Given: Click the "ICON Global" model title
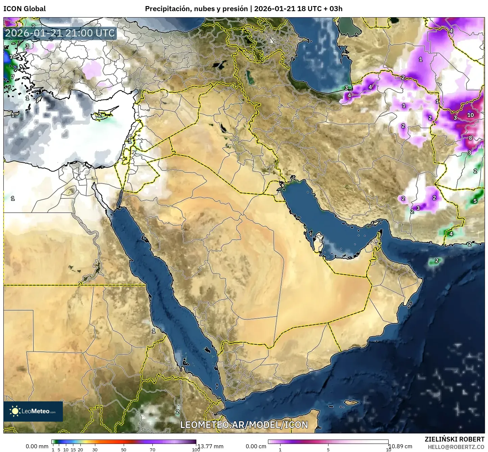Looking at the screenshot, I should click(24, 9).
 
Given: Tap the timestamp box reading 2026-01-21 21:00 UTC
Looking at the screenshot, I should click(60, 33).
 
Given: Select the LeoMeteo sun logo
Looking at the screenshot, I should click(15, 411).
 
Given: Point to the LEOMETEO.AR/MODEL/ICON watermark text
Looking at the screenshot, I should click(244, 425).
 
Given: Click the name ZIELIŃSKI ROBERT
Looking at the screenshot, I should click(454, 439).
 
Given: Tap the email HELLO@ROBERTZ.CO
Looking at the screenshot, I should click(456, 447).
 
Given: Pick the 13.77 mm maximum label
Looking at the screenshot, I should click(210, 446).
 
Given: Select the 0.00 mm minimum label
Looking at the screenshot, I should click(37, 446).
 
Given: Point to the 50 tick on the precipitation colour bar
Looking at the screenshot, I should click(124, 449).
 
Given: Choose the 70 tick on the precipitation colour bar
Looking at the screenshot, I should click(152, 449).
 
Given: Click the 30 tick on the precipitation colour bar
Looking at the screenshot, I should click(95, 449).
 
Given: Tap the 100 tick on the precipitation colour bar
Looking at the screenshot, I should click(196, 449).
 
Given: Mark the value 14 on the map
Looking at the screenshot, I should click(13, 56).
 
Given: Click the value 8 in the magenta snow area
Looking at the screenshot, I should click(470, 138).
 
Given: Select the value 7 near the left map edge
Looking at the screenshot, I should click(13, 77).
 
